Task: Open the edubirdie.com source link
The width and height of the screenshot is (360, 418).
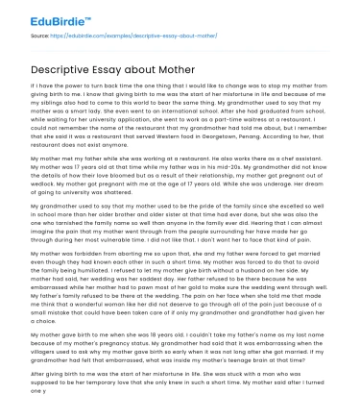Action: click(107, 33)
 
